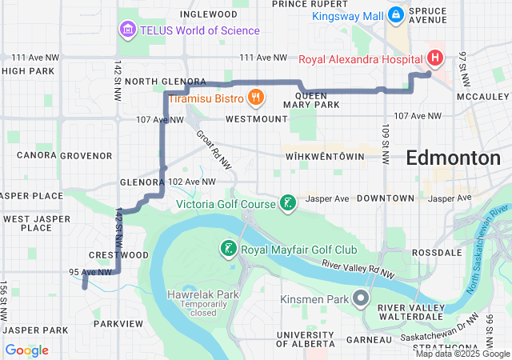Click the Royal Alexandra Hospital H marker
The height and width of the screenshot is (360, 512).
click(x=434, y=58)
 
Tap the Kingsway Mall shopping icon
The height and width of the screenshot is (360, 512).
click(x=395, y=14)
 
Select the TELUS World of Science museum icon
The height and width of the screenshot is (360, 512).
click(x=126, y=30)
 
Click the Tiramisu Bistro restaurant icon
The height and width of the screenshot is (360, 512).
click(x=256, y=98)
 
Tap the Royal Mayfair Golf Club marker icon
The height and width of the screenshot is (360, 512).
click(x=229, y=249)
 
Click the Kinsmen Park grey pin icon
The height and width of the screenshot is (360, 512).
click(x=360, y=299)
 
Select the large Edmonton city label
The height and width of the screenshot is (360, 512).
click(x=453, y=158)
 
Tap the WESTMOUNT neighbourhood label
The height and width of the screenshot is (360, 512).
click(x=256, y=118)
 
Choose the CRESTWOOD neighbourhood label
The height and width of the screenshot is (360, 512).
click(x=119, y=254)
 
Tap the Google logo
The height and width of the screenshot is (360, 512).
click(x=27, y=350)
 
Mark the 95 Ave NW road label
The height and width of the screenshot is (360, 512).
click(x=87, y=272)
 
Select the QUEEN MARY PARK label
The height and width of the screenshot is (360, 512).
click(x=305, y=99)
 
